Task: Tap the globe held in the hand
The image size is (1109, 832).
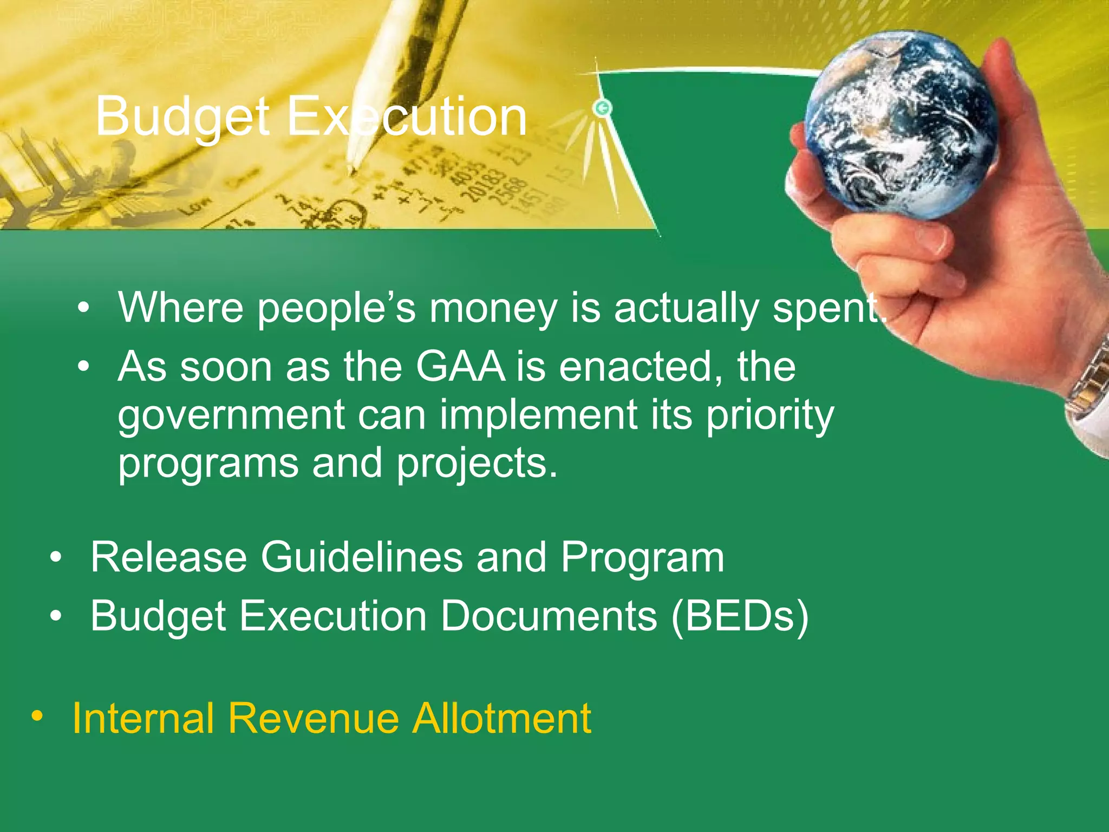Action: (x=902, y=125)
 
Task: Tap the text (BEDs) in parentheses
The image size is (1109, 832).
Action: (x=740, y=616)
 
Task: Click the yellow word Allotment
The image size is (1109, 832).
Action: (x=501, y=718)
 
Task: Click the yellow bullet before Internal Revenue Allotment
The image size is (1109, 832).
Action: (x=37, y=716)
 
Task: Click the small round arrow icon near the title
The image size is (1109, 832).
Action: (x=602, y=108)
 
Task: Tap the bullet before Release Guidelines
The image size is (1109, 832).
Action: (x=56, y=557)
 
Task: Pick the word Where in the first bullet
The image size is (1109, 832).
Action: (x=181, y=308)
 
